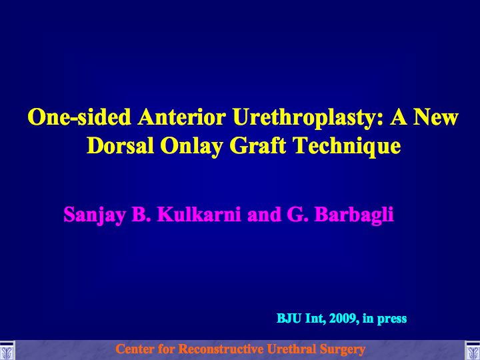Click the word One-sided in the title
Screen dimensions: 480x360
point(79,117)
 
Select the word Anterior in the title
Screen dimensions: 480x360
point(182,117)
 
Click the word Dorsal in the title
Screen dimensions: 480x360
point(120,146)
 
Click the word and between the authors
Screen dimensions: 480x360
point(264,215)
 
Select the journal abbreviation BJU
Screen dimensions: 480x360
point(289,319)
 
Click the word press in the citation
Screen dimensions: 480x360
point(392,319)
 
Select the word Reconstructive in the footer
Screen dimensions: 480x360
point(221,349)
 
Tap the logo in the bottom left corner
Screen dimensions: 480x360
point(7,350)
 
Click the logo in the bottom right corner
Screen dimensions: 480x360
point(473,350)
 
